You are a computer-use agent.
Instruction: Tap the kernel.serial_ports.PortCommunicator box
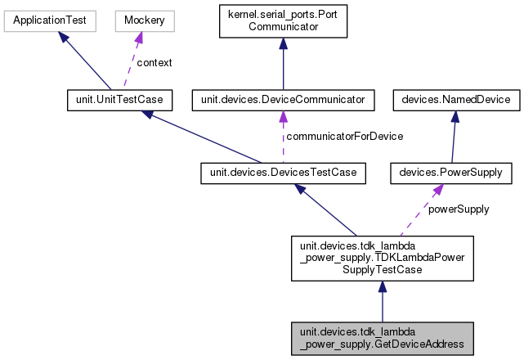(x=283, y=22)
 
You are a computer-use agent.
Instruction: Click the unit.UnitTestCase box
(x=115, y=100)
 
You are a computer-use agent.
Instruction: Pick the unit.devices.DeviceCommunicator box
(x=283, y=100)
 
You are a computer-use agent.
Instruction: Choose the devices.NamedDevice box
(x=451, y=100)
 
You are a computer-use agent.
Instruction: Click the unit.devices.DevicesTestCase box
(x=283, y=173)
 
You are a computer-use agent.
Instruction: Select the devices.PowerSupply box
(x=451, y=173)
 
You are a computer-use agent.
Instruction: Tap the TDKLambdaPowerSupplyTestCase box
(x=382, y=256)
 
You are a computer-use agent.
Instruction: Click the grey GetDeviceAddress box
(x=382, y=338)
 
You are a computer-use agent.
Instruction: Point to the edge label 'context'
(x=154, y=62)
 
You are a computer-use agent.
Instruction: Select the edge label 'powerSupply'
(x=459, y=209)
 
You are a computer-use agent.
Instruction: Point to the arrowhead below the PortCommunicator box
(x=283, y=45)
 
